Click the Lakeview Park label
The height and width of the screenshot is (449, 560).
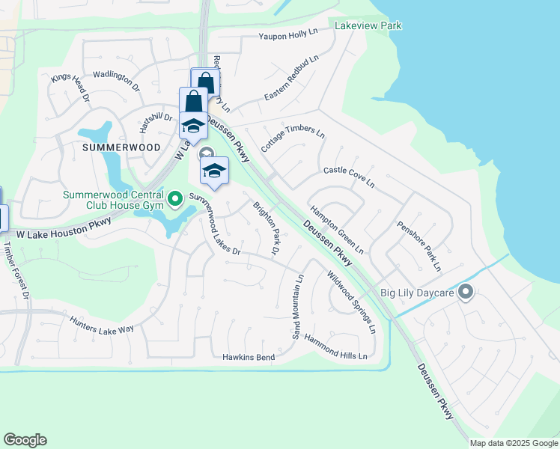[x=368, y=26]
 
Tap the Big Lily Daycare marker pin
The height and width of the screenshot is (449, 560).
[x=466, y=292]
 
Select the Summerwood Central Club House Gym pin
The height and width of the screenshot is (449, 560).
[x=175, y=199]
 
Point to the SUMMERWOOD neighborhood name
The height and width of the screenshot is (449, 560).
[x=121, y=147]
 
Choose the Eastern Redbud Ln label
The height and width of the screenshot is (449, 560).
[x=291, y=79]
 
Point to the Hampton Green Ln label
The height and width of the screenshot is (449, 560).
[x=336, y=229]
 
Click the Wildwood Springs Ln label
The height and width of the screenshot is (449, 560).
[x=350, y=302]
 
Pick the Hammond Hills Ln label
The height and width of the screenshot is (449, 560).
[x=335, y=346]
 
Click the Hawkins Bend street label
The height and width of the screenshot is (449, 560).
[x=249, y=358]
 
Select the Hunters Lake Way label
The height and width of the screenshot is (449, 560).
[x=101, y=323]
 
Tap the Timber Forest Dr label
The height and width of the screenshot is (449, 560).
[x=15, y=269]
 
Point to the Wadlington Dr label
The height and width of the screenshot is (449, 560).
[x=116, y=81]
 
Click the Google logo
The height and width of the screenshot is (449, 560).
[x=25, y=440]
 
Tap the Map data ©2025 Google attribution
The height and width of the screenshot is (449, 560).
[x=514, y=443]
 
